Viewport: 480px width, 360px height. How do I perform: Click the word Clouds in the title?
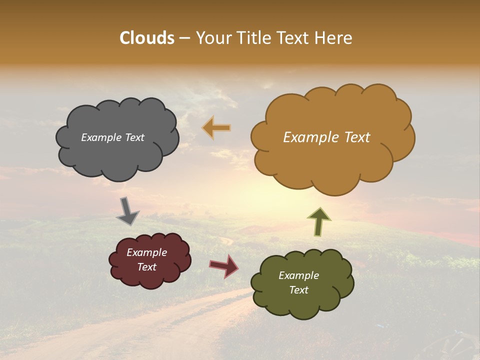coord(147,38)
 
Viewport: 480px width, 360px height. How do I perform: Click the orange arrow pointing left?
coord(216,128)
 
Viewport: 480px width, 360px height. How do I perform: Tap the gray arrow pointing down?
coord(127,211)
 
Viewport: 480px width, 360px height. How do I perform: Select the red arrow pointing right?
coord(223,265)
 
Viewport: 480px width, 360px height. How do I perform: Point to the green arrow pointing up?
coord(319,221)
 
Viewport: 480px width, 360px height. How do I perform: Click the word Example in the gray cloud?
coord(101,137)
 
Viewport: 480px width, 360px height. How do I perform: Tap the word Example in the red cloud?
coord(146,253)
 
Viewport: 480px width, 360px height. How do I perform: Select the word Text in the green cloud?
coord(298,290)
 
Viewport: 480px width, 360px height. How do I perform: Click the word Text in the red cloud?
coord(146,267)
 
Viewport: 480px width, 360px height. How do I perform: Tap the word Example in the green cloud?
coord(298,275)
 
